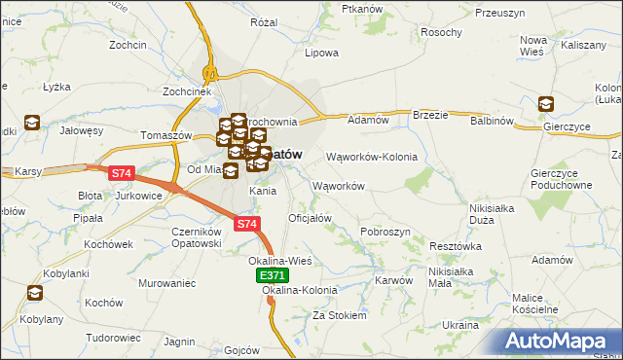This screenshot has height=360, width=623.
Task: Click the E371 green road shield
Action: point(274,277)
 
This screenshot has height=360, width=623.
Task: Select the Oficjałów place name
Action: point(311,218)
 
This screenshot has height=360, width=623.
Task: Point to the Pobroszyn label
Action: point(385,232)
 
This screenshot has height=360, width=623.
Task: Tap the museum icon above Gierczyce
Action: point(546,103)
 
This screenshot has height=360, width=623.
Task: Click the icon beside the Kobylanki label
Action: point(35,292)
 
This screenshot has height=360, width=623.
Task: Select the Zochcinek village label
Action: point(188,91)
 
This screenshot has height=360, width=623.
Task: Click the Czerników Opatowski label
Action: point(199,237)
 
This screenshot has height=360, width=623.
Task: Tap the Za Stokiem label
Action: point(339,315)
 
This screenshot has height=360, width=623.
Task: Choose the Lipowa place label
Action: point(321,53)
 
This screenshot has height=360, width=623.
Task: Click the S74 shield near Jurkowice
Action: point(121,173)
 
